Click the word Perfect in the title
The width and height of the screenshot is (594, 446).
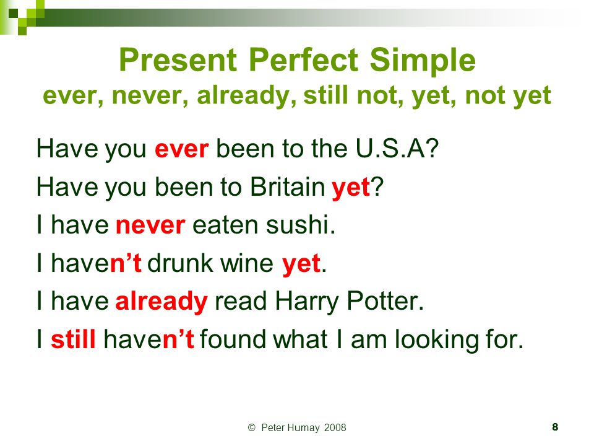303,61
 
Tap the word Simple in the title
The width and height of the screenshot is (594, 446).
423,61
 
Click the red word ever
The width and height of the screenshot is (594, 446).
181,149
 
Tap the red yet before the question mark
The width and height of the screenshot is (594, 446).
350,188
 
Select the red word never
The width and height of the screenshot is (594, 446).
150,225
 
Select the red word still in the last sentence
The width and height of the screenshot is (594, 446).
73,339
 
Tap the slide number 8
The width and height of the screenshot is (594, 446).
555,427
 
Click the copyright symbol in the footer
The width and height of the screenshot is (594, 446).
252,428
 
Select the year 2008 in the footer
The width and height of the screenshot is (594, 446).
335,428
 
